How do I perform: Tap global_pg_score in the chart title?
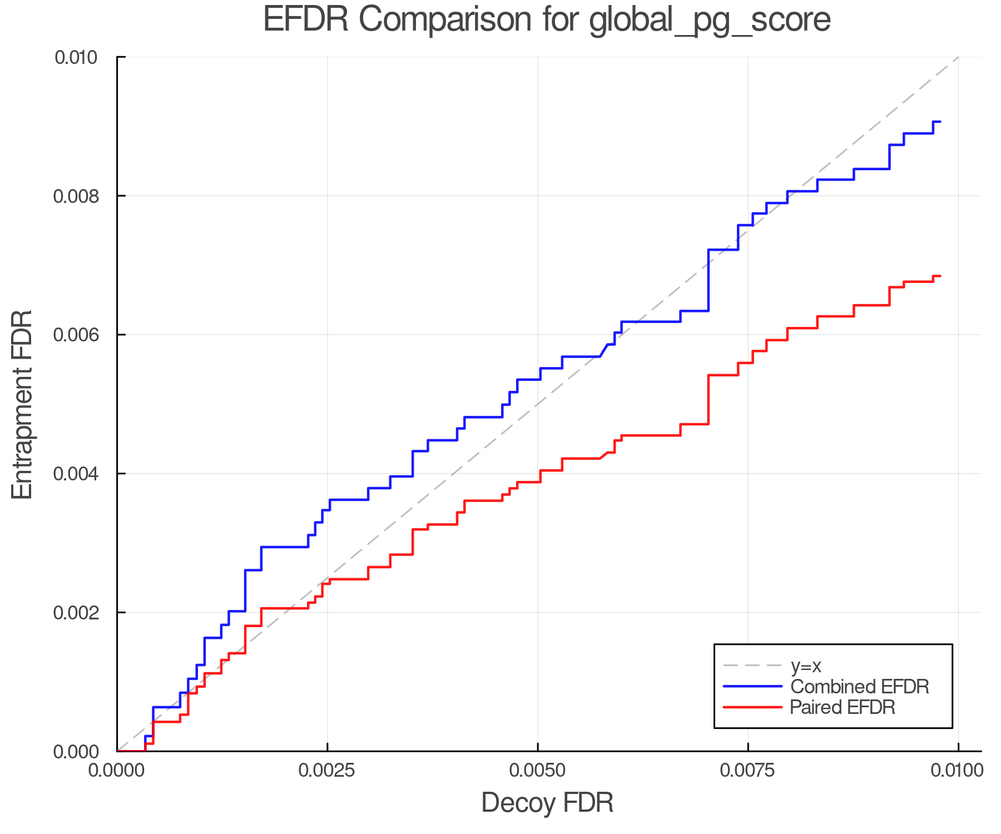710,21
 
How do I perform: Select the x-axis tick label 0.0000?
117,771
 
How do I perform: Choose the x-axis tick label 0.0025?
327,771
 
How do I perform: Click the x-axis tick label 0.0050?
537,771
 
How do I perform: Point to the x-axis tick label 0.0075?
747,771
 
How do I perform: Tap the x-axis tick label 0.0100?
957,771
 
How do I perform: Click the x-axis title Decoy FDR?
547,803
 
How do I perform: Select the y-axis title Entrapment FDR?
23,404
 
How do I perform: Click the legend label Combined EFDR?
859,687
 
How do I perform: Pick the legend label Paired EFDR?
843,707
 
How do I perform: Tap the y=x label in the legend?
806,666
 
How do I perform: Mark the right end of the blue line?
940,121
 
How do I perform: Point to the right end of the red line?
940,276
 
